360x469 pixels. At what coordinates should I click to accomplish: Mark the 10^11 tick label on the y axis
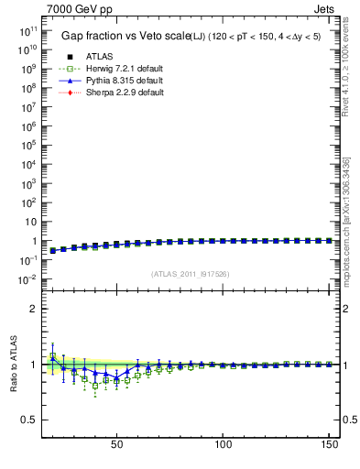(x=26, y=31)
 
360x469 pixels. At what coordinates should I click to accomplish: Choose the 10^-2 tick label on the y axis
(x=26, y=279)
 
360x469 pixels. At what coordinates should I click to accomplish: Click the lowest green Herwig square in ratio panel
(x=95, y=386)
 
